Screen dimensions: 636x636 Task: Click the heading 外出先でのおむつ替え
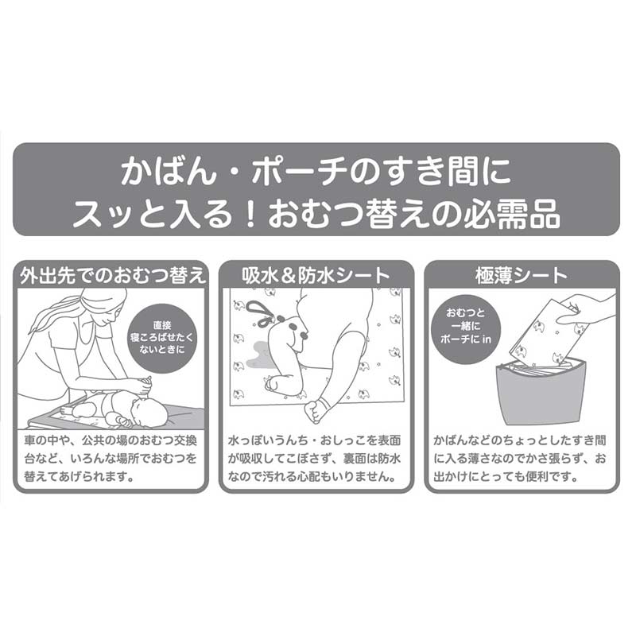pos(113,276)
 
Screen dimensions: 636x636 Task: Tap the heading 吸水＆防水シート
pos(316,276)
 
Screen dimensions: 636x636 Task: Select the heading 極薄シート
pos(522,276)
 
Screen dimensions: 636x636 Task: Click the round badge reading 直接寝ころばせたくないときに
pos(162,338)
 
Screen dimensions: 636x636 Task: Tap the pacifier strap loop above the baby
pos(261,312)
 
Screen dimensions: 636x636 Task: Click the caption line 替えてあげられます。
pos(79,476)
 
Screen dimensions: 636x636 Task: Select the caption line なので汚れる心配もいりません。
pos(312,476)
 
